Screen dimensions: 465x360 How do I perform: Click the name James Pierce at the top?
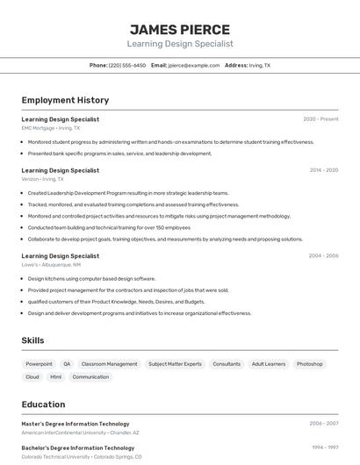(179, 29)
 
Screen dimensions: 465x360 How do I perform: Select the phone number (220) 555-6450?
(127, 65)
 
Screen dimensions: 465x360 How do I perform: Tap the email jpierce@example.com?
(193, 65)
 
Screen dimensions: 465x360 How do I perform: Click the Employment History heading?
(65, 100)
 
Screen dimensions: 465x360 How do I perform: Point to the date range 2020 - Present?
(320, 118)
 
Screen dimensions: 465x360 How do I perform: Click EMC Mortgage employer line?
(51, 128)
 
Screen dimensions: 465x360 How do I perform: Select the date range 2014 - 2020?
(323, 170)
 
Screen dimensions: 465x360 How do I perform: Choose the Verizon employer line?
(43, 179)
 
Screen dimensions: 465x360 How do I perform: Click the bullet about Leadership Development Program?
(127, 193)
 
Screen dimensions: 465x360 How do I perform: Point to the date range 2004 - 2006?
(323, 256)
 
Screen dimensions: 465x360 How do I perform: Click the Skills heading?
(33, 340)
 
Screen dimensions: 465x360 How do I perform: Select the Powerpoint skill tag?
(39, 364)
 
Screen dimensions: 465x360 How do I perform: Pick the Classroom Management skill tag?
(109, 364)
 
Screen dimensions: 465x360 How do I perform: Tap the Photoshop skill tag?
(309, 364)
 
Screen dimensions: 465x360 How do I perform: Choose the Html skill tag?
(55, 377)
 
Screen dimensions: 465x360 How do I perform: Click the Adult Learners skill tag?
(269, 364)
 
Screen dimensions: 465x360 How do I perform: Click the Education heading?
(43, 404)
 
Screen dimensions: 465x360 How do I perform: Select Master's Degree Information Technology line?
(76, 424)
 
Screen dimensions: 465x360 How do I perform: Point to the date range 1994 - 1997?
(325, 447)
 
